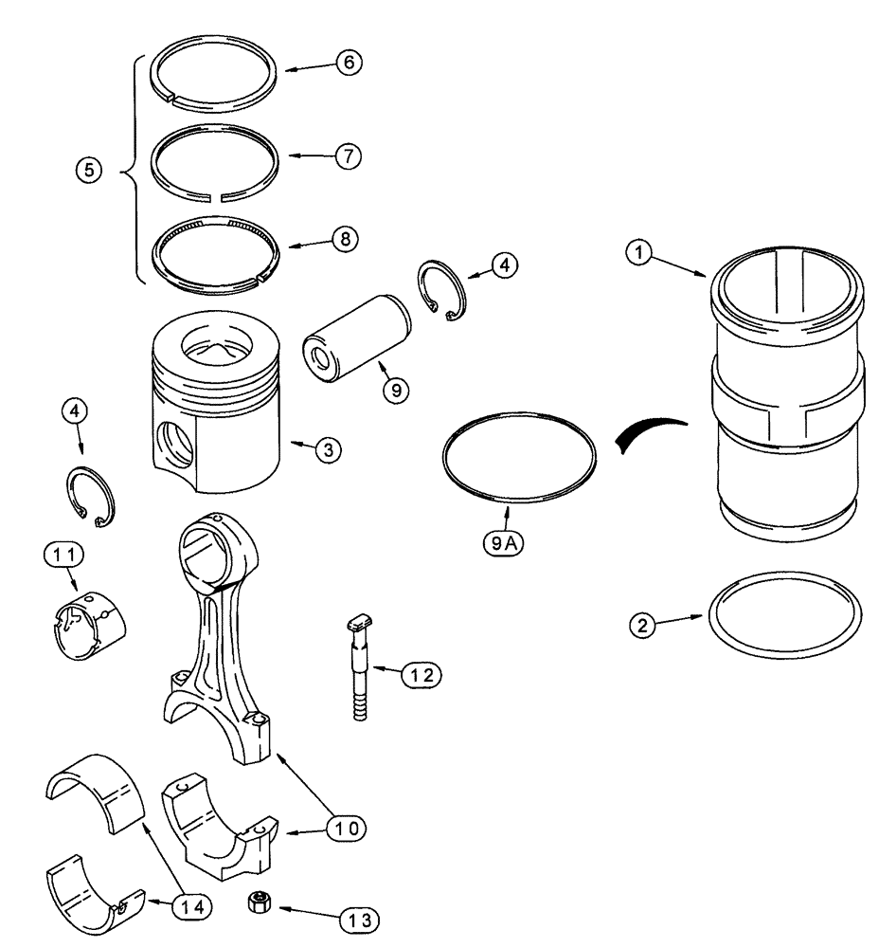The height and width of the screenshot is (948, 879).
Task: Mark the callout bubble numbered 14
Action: (x=190, y=906)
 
